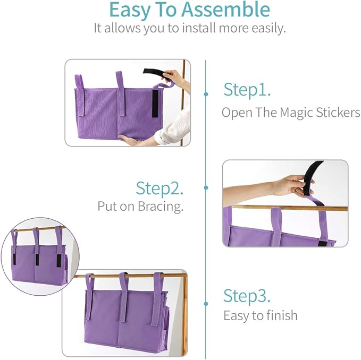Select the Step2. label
pos(159,188)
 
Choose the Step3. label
pos(247,295)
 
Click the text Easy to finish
pos(260,315)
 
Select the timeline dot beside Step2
pos(206,187)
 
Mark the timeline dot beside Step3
pos(206,304)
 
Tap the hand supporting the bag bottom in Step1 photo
pos(133,140)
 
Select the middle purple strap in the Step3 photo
pos(124,297)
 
